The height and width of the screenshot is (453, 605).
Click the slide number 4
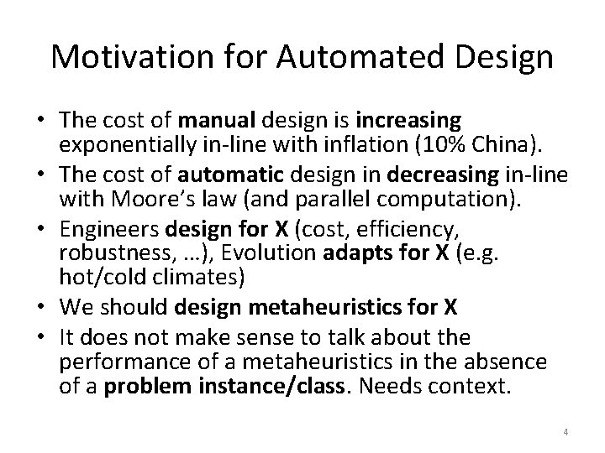[x=566, y=431]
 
